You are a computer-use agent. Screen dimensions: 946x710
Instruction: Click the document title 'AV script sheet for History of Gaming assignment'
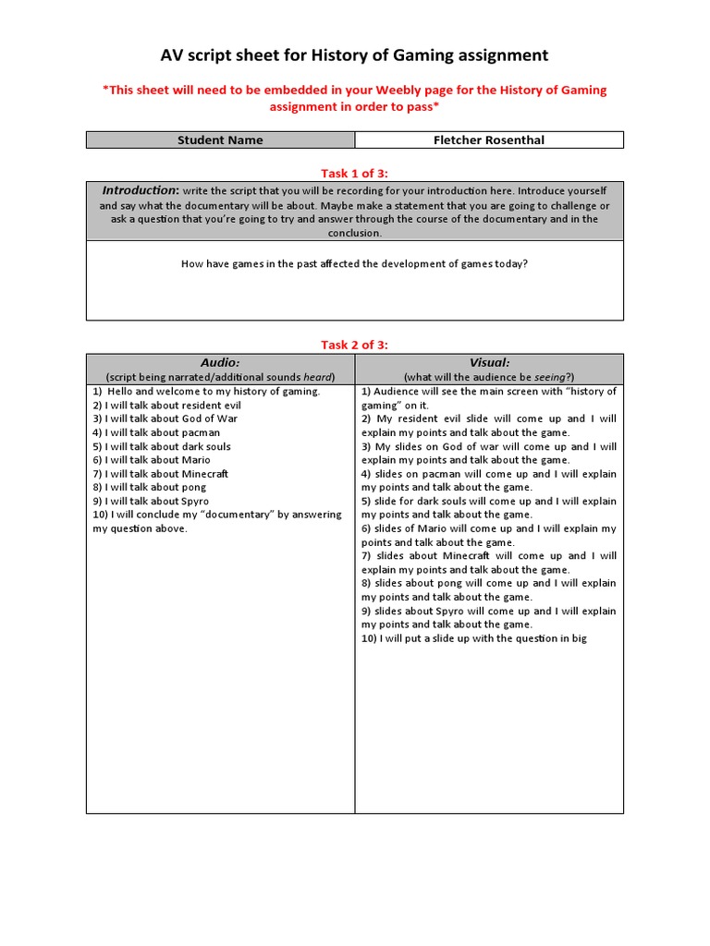[354, 55]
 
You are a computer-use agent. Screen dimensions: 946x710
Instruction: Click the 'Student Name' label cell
[220, 140]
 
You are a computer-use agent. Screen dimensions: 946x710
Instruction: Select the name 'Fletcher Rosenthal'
[488, 140]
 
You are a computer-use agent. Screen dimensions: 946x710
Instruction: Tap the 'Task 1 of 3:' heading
[354, 172]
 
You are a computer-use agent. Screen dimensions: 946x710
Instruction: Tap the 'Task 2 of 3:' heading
[354, 345]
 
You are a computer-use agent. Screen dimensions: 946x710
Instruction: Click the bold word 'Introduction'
[139, 190]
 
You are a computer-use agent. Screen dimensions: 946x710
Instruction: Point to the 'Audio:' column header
[220, 363]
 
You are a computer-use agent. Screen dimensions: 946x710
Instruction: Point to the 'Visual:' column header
[489, 363]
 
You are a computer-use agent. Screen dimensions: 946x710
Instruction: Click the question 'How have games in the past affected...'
[354, 263]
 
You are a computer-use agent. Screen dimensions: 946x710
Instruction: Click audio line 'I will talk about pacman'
[156, 432]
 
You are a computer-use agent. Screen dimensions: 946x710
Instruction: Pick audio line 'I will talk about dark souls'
[162, 446]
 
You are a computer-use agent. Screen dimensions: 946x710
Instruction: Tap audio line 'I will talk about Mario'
[152, 460]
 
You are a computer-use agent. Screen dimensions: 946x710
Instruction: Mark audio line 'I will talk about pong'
[150, 487]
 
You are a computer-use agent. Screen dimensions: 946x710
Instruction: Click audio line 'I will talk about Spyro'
[151, 501]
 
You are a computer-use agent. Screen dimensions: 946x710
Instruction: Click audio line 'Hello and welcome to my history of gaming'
[207, 391]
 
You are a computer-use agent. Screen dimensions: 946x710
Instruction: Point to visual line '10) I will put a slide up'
[473, 638]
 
